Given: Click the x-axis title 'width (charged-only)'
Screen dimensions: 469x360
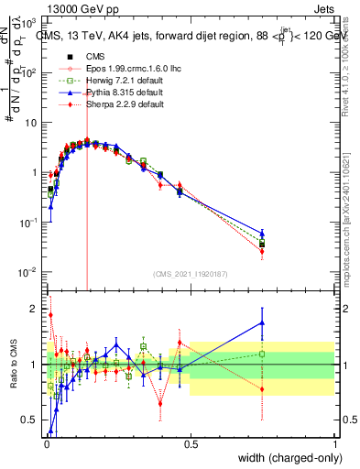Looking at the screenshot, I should point(291,458).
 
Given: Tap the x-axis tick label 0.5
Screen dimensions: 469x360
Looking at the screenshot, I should point(191,443).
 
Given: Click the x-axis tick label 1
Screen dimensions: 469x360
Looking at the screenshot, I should point(335,443).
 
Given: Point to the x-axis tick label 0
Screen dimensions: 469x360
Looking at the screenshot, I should point(46,443).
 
